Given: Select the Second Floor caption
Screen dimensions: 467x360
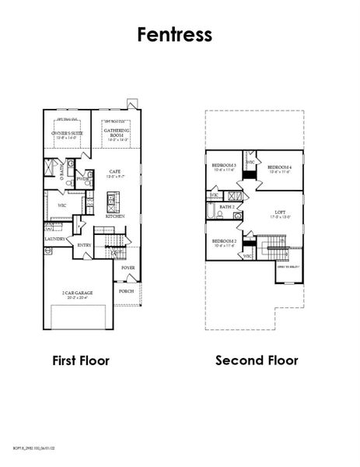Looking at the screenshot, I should (x=257, y=360).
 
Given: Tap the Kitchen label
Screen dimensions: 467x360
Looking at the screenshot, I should (x=115, y=216).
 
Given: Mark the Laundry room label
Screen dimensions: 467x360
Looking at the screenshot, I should (x=54, y=240).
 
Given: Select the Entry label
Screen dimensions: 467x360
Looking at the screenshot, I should (x=85, y=245).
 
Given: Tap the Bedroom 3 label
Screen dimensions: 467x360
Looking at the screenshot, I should (x=225, y=167).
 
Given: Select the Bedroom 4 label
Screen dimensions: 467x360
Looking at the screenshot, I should (x=278, y=169).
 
